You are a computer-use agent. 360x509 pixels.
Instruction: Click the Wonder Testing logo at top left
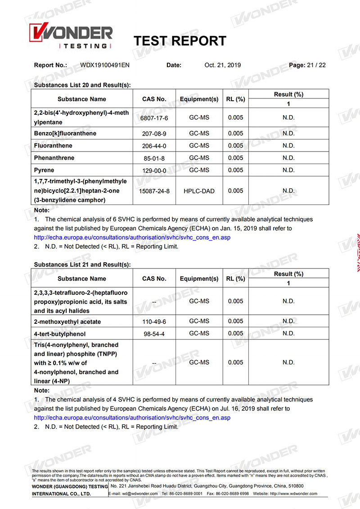point(70,36)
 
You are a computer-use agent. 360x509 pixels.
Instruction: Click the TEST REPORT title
point(180,41)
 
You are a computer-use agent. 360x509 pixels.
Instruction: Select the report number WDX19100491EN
point(105,65)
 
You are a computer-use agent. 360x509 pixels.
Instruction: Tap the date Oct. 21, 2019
point(222,65)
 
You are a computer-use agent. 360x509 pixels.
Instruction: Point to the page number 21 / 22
point(316,65)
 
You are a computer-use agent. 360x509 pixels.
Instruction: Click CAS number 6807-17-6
point(154,118)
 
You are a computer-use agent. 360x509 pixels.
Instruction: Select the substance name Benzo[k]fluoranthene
point(65,134)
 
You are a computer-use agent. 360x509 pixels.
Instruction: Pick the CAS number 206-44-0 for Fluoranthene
point(154,146)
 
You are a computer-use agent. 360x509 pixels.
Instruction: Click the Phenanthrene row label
point(54,158)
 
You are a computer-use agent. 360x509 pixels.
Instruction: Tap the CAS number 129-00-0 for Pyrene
point(154,170)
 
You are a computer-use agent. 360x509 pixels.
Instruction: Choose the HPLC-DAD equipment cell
point(199,191)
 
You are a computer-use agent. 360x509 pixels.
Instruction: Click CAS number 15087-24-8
point(154,191)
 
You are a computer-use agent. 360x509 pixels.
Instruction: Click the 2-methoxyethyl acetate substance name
point(67,321)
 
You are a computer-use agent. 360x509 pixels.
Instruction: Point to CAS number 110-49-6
point(154,321)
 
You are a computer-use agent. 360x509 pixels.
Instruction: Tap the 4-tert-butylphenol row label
point(59,334)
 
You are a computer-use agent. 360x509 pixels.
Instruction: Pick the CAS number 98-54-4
point(154,334)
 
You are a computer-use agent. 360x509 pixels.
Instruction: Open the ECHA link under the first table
point(132,237)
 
